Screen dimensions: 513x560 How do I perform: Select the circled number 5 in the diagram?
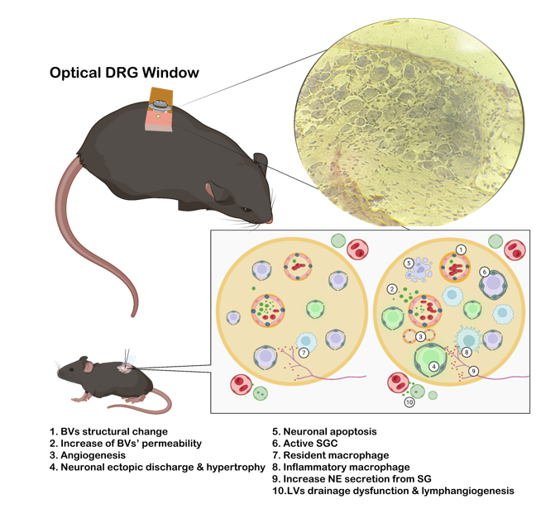pos(407,264)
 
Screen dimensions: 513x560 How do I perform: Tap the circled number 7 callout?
pos(304,354)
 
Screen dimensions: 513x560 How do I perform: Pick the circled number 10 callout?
pos(409,402)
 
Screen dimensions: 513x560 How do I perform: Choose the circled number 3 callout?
pos(421,336)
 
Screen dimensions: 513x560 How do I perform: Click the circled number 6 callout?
pos(484,272)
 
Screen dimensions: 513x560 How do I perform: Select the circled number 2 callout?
pos(391,288)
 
